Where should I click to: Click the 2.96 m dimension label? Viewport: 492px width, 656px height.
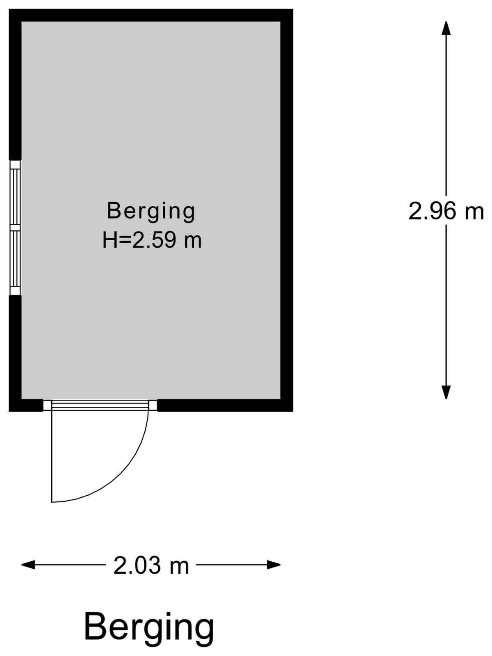[446, 211]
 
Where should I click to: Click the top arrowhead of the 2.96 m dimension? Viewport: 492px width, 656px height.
[446, 28]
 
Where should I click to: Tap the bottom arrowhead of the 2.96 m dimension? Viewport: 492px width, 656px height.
[446, 392]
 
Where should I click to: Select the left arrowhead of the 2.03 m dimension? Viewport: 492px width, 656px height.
[28, 565]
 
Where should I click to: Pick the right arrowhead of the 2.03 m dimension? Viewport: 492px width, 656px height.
[273, 565]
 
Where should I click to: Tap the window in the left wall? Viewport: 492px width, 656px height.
[15, 228]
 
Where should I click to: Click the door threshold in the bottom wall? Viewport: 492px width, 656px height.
[100, 405]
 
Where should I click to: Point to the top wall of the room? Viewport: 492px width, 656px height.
[151, 15]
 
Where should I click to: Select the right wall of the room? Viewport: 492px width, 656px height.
[287, 210]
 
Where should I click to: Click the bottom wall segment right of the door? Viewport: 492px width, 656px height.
[225, 405]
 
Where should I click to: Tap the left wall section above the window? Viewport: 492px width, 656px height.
[15, 84]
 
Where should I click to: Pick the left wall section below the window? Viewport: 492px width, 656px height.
[15, 353]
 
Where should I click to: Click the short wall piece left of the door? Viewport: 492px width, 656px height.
[26, 405]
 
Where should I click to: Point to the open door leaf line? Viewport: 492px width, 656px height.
[52, 456]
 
